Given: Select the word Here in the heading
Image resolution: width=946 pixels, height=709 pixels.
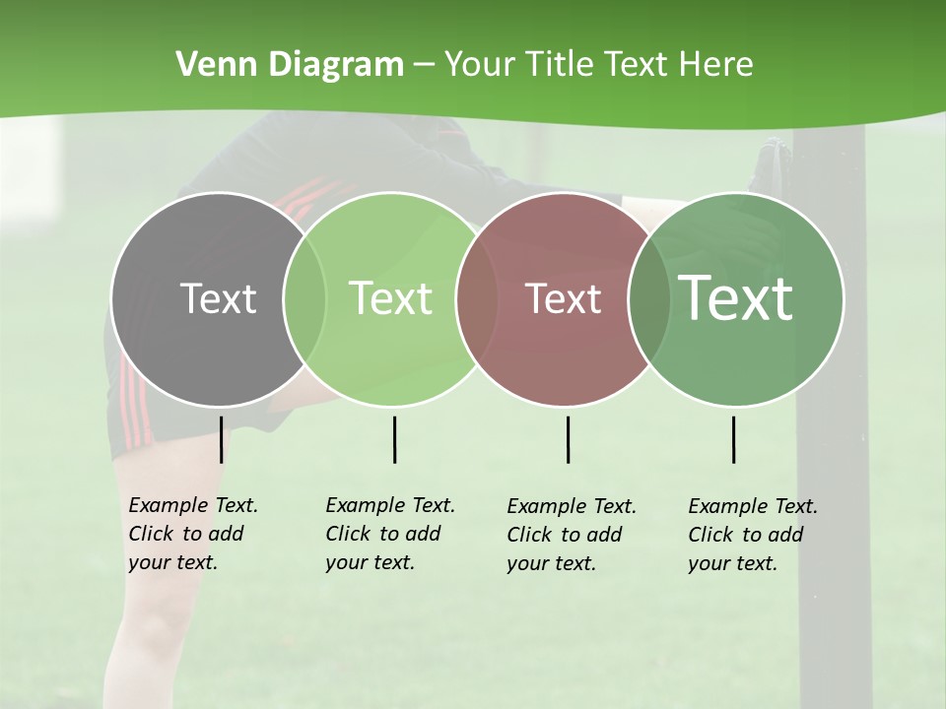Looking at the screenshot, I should point(715,65).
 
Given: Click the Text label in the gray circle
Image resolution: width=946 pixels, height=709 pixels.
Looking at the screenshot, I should point(218,298).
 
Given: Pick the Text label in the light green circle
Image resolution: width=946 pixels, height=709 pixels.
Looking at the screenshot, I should point(390,298).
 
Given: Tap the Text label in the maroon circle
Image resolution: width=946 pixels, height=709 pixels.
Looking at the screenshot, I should point(563,298).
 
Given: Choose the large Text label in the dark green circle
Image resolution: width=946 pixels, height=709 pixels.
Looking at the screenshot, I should point(735,298).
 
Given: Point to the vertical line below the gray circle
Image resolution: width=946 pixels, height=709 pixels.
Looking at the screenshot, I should point(221,439).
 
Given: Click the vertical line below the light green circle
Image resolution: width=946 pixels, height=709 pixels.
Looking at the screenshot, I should point(394,439).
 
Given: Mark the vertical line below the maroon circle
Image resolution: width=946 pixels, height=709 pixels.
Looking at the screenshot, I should point(568,439).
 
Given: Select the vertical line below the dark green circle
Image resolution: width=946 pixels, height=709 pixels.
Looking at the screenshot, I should point(733,439).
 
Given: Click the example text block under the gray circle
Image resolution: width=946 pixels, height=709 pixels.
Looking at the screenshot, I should point(193,534).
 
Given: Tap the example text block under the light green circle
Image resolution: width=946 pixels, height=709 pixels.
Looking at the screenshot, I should point(390,534).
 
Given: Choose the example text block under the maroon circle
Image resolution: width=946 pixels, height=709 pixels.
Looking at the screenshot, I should point(572,535).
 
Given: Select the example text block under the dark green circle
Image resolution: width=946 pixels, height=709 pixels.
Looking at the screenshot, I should point(753,535).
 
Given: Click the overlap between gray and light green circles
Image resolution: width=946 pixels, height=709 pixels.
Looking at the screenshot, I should point(304,298).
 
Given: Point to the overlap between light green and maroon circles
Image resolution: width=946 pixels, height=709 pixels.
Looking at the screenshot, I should point(477,298).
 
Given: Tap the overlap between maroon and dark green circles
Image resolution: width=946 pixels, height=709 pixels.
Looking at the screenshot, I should point(648,298).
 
